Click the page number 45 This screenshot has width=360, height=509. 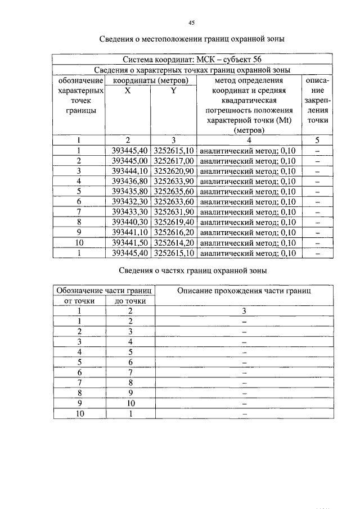pos(191,22)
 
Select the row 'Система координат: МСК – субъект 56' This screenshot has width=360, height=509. pos(191,60)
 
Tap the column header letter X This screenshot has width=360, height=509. pos(128,91)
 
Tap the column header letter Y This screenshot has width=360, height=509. pos(174,91)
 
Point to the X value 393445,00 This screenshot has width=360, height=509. pos(129,161)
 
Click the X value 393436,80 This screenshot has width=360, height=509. pos(129,181)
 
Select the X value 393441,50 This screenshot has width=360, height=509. pos(129,242)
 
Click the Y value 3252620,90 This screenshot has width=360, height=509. pos(174,171)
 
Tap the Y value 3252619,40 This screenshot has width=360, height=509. pos(174,222)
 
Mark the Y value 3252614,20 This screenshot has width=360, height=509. pos(174,242)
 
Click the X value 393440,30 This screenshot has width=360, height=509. pos(129,222)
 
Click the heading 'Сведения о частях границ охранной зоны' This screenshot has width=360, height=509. pos(191,271)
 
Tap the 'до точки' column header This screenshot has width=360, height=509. pos(130,301)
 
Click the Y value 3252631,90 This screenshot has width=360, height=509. pos(174,212)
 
